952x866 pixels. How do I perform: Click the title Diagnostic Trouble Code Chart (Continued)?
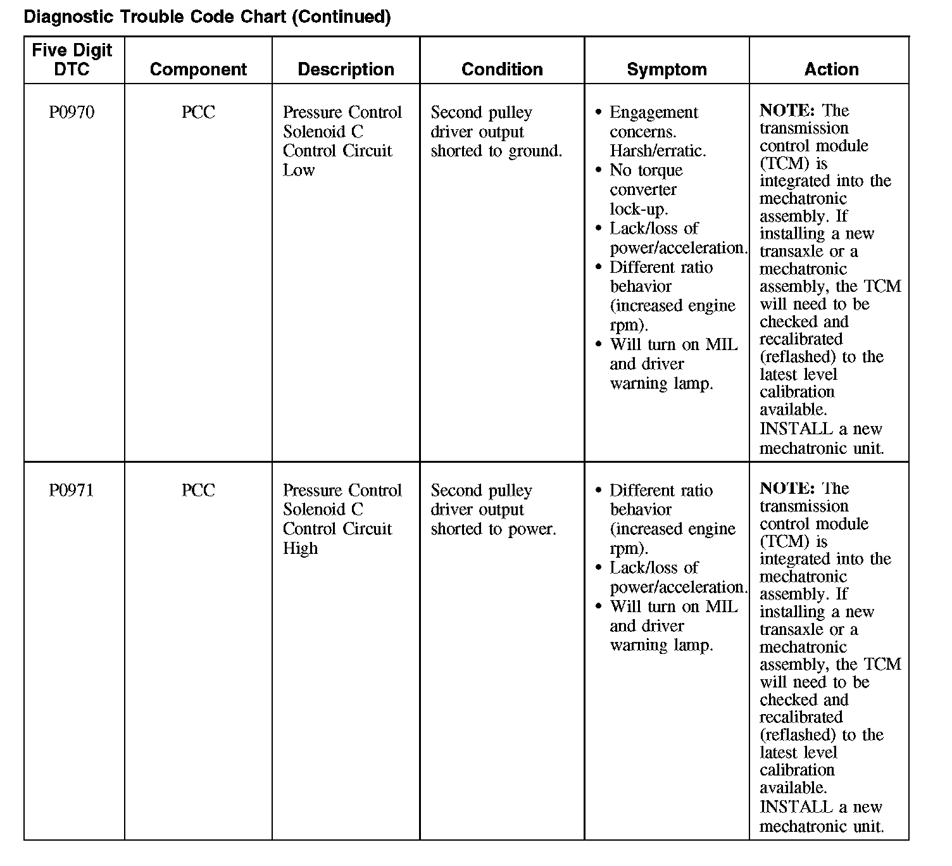(207, 16)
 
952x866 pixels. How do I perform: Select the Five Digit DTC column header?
(72, 60)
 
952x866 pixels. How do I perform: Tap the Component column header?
(198, 69)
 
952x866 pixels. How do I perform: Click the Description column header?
(346, 69)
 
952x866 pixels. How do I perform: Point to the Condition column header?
(502, 69)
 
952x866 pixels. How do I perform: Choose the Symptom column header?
(667, 69)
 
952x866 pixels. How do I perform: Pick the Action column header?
(831, 69)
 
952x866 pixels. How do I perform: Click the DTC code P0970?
(72, 113)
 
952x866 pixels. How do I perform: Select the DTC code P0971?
(72, 491)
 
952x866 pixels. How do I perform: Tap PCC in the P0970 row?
(198, 113)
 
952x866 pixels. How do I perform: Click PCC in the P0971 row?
(198, 491)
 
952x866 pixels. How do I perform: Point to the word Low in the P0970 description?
(299, 170)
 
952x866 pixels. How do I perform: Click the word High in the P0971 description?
(300, 548)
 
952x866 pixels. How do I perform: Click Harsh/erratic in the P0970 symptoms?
(658, 151)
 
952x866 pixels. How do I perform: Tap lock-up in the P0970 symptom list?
(639, 210)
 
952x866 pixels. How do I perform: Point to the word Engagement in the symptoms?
(653, 113)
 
